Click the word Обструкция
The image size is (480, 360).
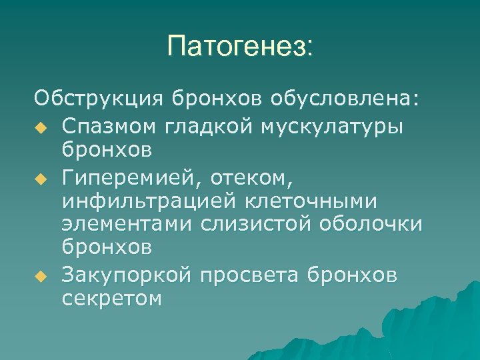(99, 100)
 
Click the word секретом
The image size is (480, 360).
(111, 299)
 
